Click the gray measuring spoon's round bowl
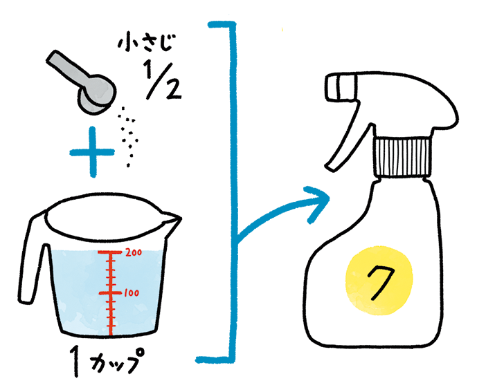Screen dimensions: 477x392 (x=98, y=94)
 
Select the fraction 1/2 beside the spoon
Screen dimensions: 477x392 (x=163, y=82)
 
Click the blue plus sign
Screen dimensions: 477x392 (x=93, y=151)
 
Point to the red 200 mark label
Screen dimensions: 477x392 (x=134, y=252)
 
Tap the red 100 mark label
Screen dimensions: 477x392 (x=132, y=293)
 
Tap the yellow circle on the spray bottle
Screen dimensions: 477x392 (x=379, y=281)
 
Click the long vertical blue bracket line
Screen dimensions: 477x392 (x=233, y=192)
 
